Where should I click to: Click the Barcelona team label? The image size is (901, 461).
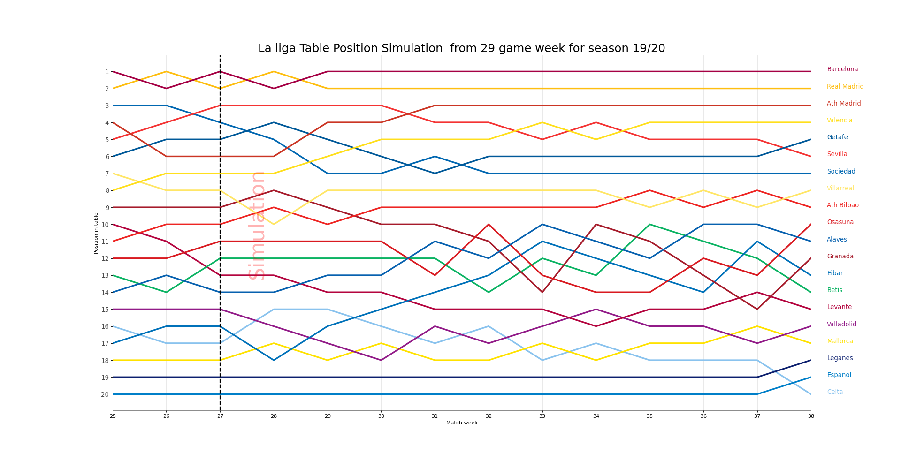(842, 69)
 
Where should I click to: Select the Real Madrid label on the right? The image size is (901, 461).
(845, 87)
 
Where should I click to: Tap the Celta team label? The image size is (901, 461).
(835, 392)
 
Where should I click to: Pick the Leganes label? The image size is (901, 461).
(840, 358)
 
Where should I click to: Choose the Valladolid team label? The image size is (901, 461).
(841, 325)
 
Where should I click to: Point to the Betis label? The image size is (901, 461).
(834, 290)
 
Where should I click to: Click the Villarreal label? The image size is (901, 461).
(840, 189)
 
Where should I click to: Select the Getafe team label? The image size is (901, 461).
(837, 137)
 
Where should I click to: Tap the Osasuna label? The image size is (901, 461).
(840, 222)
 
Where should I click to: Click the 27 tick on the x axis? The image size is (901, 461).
(220, 416)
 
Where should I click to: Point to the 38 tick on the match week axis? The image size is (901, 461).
(810, 416)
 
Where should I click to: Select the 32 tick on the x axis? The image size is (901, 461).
(489, 416)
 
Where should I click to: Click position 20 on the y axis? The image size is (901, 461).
(105, 394)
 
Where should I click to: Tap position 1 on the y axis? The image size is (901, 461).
(107, 72)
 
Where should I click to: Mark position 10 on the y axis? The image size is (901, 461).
(105, 225)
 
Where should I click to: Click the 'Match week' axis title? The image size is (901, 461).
(462, 423)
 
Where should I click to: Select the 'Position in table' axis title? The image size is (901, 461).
(96, 233)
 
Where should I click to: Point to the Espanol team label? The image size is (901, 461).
(839, 375)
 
